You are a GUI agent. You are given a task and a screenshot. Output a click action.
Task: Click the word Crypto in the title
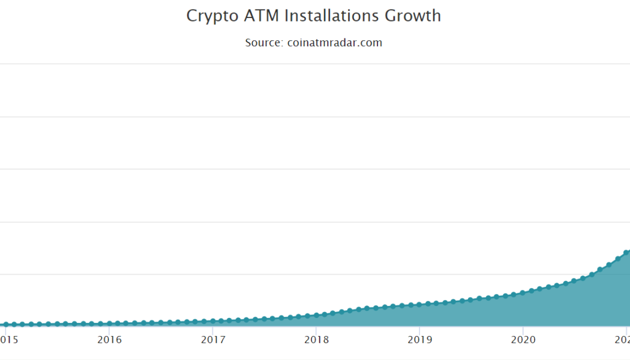pos(207,16)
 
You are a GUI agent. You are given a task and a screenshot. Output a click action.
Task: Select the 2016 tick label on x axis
pos(109,340)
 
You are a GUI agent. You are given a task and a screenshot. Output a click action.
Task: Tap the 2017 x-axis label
pos(213,340)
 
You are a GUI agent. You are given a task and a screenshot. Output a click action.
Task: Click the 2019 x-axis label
pos(420,340)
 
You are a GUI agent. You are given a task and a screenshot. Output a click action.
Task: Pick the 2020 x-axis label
pos(523,340)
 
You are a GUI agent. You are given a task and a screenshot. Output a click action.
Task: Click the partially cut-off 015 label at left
pos(9,340)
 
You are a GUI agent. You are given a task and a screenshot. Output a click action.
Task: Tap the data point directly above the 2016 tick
pos(109,323)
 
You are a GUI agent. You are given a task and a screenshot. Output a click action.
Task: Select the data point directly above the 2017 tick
pos(213,322)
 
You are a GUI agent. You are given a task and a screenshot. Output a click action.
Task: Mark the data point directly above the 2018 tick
pos(316,314)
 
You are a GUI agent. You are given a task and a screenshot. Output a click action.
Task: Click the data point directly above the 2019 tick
pos(420,304)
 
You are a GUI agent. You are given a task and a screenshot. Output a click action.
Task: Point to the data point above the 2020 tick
pos(523,293)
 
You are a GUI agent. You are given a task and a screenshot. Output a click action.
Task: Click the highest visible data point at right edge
pos(626,253)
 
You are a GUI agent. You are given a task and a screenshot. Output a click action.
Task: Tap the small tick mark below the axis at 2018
pos(316,329)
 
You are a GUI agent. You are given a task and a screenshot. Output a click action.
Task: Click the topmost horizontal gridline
pos(300,64)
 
